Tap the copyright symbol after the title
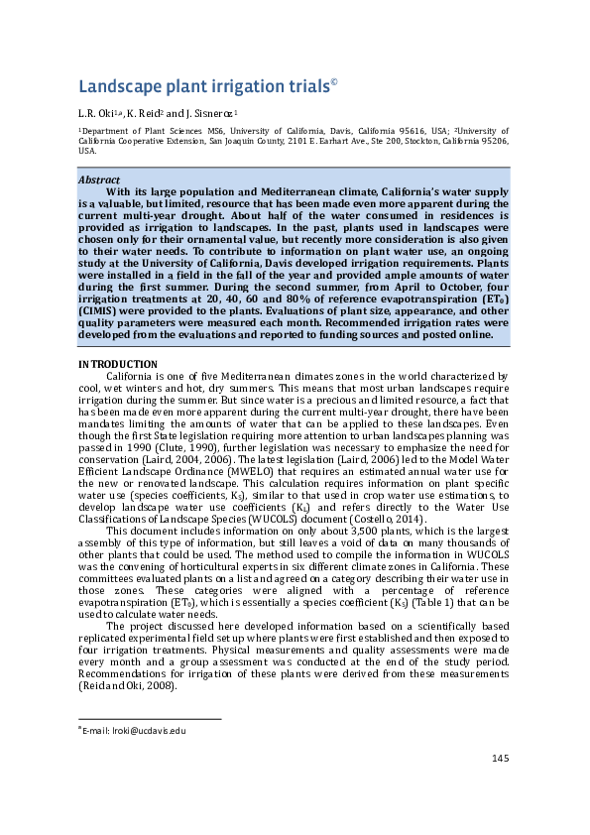(334, 82)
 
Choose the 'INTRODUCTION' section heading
(117, 365)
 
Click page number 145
(500, 759)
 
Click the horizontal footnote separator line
(150, 719)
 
